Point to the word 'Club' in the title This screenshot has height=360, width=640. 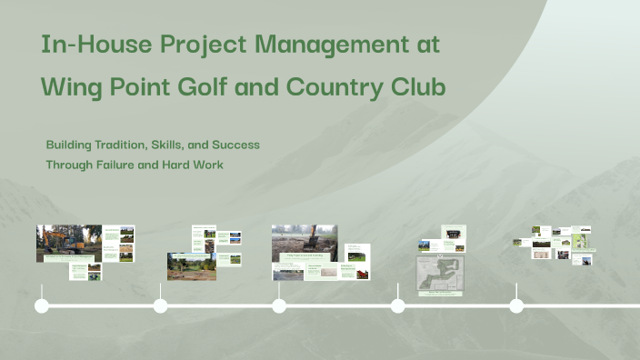tap(419, 88)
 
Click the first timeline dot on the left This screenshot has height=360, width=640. tap(42, 305)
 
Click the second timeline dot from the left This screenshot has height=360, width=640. tap(161, 305)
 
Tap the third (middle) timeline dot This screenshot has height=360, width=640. tap(279, 305)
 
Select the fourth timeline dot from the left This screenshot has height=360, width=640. tap(398, 305)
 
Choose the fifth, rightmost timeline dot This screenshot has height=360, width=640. tap(516, 305)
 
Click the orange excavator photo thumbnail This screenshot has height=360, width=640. tap(68, 243)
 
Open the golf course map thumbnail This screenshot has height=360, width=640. tap(440, 274)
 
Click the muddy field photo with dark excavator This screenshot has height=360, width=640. tap(304, 243)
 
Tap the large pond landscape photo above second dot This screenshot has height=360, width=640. tap(191, 266)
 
